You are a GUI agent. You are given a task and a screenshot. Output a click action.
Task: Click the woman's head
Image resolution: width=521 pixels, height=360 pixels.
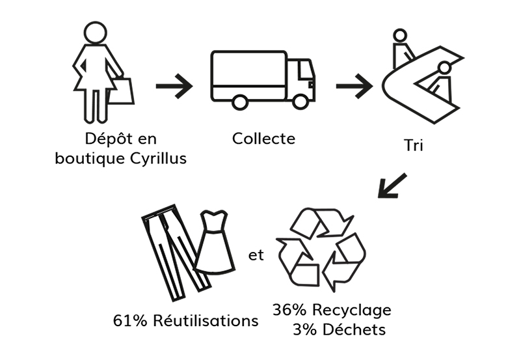coord(96,33)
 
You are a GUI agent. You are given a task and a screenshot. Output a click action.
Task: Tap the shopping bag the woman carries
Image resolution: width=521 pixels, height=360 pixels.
coord(122,91)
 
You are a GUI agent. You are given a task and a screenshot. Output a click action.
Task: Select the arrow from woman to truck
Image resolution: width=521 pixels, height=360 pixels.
coord(174,86)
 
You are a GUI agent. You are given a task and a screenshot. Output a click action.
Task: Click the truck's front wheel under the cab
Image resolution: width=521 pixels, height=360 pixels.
coord(301,102)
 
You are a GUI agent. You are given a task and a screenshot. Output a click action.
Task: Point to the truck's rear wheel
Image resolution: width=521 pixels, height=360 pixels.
coord(239,102)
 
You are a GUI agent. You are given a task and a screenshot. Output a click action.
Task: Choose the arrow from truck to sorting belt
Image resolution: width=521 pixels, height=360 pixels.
coord(354,86)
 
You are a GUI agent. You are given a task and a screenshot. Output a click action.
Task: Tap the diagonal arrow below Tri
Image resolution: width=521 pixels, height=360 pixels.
coord(392,186)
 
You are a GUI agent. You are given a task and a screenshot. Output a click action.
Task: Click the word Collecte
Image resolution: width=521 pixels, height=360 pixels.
coord(263,139)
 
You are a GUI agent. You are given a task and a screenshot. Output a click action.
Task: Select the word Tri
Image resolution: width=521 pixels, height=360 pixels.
coord(413,145)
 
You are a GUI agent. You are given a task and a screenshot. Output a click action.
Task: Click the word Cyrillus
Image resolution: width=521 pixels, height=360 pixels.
coord(158,159)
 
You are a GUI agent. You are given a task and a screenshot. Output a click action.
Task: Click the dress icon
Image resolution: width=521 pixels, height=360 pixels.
coord(214,242)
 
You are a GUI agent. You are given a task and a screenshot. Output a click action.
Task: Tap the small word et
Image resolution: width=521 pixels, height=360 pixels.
coord(256,255)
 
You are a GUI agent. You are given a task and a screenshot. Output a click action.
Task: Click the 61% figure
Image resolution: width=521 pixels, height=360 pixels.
coord(130,321)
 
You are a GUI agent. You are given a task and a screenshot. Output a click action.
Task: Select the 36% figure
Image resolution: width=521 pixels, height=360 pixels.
coord(289,310)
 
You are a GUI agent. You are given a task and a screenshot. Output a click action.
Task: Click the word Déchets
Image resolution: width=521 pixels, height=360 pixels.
coord(354,330)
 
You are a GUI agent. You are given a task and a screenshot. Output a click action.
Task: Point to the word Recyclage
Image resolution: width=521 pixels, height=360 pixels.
coord(352,311)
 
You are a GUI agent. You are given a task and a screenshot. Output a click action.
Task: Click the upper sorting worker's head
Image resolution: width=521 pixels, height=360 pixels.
coord(400,35)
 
